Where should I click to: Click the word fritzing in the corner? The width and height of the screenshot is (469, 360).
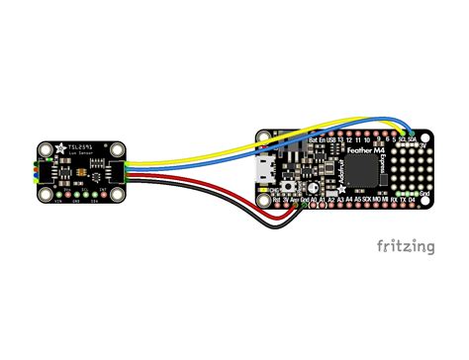(405, 244)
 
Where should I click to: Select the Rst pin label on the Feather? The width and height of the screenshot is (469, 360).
(275, 198)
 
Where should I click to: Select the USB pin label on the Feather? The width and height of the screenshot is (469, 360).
(330, 140)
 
